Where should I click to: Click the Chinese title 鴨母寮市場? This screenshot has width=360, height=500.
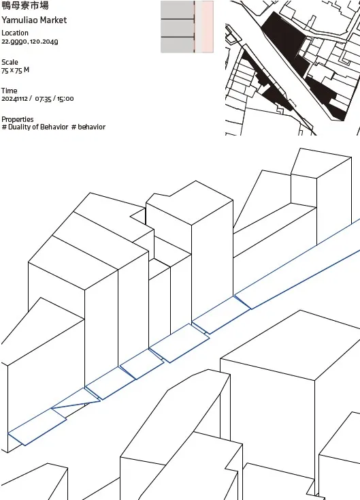click(25, 5)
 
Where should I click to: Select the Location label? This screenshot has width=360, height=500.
click(15, 33)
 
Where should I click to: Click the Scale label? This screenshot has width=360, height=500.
click(10, 62)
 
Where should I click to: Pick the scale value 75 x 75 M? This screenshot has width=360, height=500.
click(15, 70)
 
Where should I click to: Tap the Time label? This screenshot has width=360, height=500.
click(10, 91)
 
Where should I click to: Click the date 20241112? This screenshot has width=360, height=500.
click(14, 99)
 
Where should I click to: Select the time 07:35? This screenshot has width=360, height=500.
click(43, 99)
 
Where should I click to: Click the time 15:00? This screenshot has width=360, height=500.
click(65, 99)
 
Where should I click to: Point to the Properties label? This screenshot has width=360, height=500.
click(18, 120)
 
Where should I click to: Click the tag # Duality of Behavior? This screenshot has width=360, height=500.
click(35, 127)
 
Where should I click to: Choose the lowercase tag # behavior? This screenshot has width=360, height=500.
click(88, 127)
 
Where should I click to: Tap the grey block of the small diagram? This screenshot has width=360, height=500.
click(177, 27)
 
